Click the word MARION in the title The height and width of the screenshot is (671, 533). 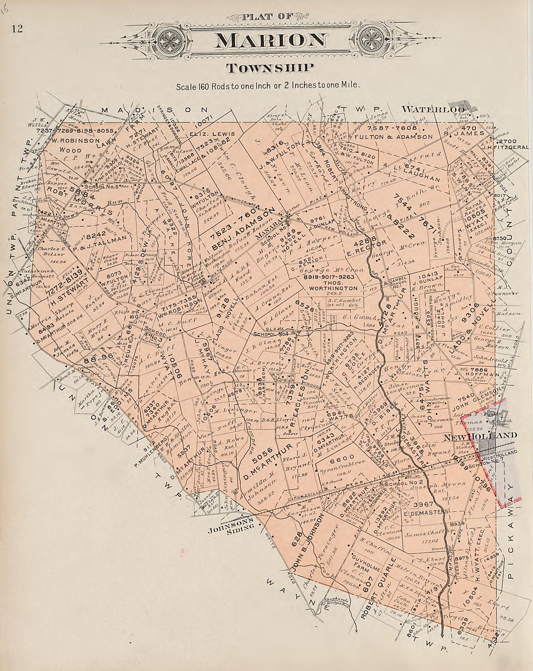270,40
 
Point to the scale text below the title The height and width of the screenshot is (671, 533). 268,87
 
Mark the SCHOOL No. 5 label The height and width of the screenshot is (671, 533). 99,186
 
